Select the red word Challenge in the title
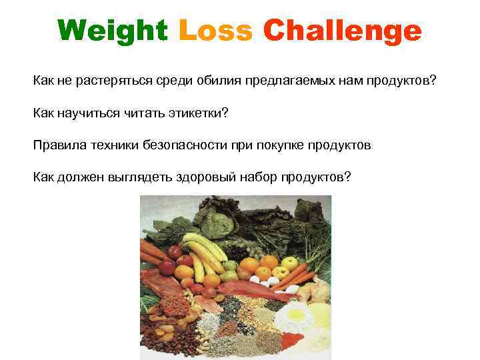point(343,31)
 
